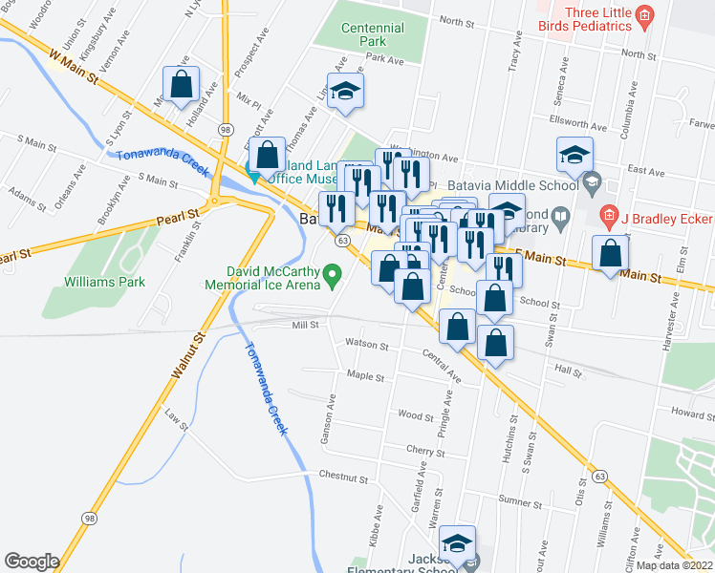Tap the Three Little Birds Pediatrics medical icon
click(644, 14)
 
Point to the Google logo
click(32, 562)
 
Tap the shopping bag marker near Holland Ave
click(181, 84)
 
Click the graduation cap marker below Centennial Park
click(345, 92)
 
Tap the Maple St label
click(366, 376)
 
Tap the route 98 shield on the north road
click(226, 127)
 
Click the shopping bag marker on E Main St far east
click(610, 253)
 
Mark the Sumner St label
click(520, 501)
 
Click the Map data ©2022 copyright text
click(673, 565)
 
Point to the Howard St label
click(692, 414)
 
